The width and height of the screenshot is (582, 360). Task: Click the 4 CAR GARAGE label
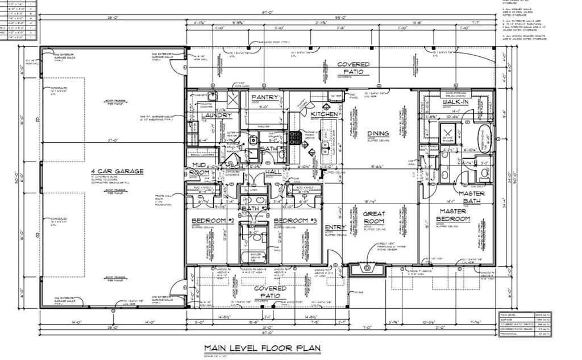coord(117,171)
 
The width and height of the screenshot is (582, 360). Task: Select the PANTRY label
coord(264,97)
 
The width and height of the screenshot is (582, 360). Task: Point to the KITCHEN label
coord(324,114)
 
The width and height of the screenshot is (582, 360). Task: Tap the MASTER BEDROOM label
coord(453,215)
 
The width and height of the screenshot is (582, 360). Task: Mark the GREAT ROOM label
coord(373,218)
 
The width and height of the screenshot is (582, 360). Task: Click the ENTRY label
coord(335,227)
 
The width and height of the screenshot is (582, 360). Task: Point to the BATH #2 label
coord(254,209)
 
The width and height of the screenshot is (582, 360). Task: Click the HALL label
coord(273,171)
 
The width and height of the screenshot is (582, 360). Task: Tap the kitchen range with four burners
coord(295,138)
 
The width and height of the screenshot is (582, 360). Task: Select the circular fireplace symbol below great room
coord(367,267)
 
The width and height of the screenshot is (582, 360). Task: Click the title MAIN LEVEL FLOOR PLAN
coord(262,347)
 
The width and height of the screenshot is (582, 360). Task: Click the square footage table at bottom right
coord(525,324)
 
